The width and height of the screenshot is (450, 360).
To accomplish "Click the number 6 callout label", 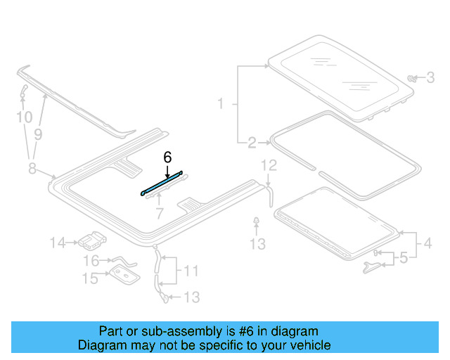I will click(167, 157).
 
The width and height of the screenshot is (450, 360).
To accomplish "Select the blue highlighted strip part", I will click(162, 181).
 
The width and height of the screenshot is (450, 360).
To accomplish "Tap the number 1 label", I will click(220, 104).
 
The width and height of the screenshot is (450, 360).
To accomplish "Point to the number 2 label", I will click(252, 143).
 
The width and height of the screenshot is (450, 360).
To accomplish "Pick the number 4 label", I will click(427, 245).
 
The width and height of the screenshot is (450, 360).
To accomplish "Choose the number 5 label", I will click(402, 259).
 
